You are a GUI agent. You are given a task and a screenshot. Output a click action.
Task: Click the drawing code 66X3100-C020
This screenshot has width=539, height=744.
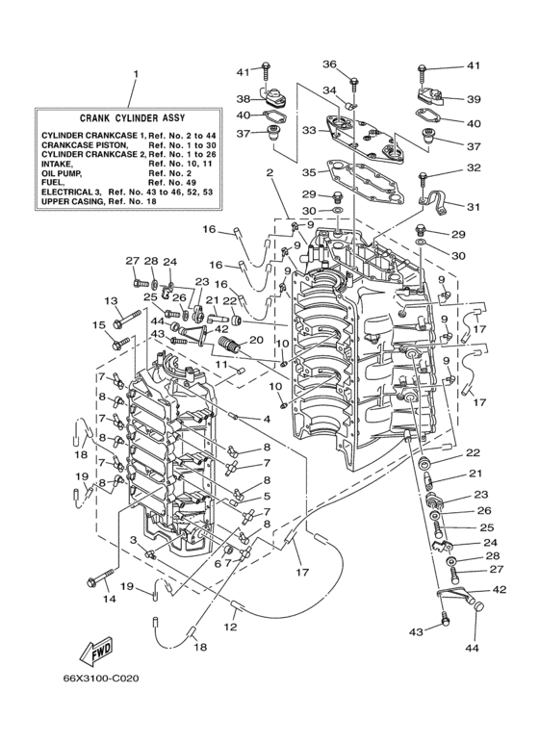click(x=101, y=679)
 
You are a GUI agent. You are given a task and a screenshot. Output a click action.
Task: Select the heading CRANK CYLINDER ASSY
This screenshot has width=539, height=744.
click(x=133, y=117)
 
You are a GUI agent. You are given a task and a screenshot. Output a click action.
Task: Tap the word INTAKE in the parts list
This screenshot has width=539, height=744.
click(x=58, y=164)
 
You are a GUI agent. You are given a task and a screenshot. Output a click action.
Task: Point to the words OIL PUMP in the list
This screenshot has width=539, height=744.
click(x=62, y=173)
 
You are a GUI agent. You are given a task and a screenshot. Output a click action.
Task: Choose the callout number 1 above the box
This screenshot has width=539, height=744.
click(x=136, y=74)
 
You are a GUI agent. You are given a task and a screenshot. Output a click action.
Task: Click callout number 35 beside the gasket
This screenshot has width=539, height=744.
click(x=309, y=172)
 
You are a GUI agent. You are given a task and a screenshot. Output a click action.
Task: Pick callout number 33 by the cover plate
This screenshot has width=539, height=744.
click(x=309, y=130)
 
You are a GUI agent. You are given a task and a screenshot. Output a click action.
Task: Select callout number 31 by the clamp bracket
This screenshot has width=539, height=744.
click(x=473, y=207)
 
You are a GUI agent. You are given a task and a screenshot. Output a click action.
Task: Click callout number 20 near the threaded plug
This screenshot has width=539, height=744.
click(x=256, y=340)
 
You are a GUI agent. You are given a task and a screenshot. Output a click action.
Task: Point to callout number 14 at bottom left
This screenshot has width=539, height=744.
click(x=109, y=600)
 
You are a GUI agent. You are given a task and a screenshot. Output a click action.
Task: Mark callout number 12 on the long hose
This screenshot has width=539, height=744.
click(x=230, y=627)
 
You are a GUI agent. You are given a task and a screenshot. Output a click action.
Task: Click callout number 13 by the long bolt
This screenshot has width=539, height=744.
click(x=111, y=301)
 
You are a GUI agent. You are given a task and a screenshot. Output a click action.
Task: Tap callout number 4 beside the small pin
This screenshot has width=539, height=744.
click(x=268, y=419)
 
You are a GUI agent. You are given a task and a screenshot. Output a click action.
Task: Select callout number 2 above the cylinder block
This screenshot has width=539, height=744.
click(x=269, y=173)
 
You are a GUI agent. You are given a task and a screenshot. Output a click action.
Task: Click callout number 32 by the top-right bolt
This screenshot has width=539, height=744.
click(x=474, y=167)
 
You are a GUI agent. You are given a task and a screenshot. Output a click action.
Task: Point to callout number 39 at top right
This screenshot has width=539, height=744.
click(x=474, y=99)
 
